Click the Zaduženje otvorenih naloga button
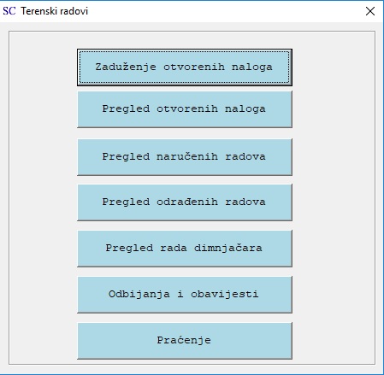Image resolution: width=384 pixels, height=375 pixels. (185, 67)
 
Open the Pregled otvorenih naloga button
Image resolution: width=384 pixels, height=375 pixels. (185, 109)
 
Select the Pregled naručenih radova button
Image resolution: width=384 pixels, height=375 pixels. (185, 157)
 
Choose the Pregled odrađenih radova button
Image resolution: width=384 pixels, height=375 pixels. (185, 202)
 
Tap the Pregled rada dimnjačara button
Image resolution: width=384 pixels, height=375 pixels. (185, 249)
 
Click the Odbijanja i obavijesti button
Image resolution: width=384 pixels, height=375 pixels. (185, 295)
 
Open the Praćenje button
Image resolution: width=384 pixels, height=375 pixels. (185, 341)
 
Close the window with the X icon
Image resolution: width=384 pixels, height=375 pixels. (370, 11)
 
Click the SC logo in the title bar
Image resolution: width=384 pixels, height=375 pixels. (9, 11)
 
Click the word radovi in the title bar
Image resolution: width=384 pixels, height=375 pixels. (74, 11)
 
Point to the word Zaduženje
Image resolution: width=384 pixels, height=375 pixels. (126, 67)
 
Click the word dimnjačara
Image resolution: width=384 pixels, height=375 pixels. (228, 248)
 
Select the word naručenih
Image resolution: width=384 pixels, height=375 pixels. (187, 156)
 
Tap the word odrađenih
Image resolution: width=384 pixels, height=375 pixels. (187, 202)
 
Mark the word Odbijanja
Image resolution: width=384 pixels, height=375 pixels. (139, 294)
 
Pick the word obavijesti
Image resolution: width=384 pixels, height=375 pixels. (225, 294)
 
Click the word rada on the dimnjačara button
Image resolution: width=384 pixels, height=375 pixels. (174, 248)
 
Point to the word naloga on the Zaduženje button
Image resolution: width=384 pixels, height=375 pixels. (252, 67)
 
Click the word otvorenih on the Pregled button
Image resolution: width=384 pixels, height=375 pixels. (187, 108)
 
